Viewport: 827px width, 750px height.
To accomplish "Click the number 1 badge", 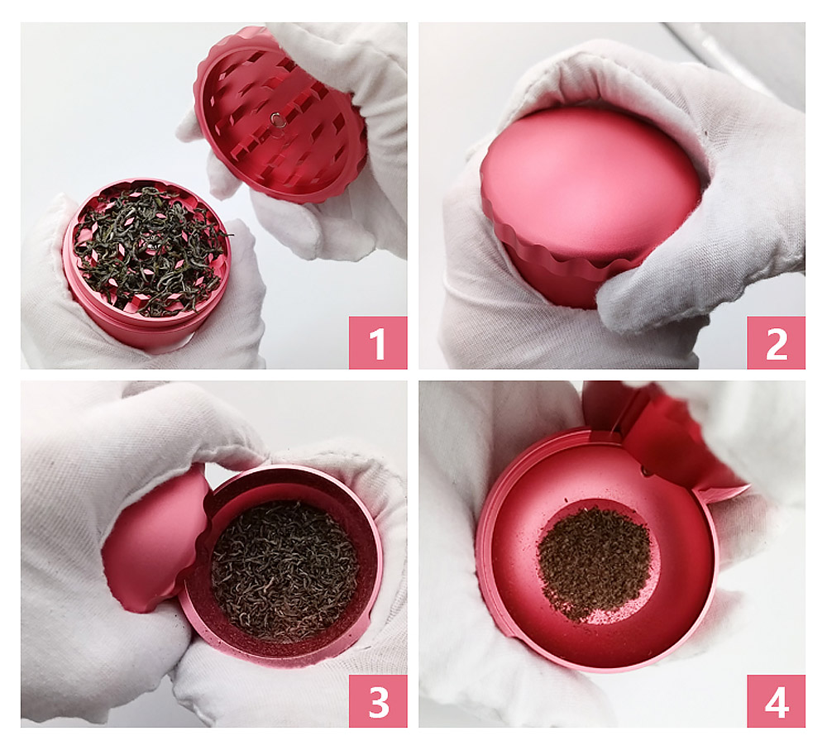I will pyautogui.click(x=378, y=342).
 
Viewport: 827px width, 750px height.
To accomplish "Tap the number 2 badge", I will pyautogui.click(x=776, y=342).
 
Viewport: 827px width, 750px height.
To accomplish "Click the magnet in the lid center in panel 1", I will pyautogui.click(x=277, y=121).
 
